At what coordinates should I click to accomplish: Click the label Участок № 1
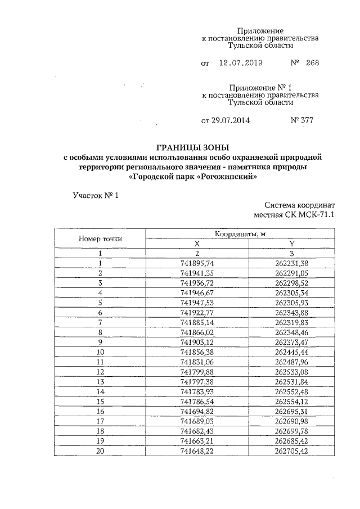coord(96,196)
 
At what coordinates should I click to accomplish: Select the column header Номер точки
coord(100,238)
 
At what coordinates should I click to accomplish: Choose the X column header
coord(197,244)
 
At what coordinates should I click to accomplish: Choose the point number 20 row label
coord(100,450)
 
